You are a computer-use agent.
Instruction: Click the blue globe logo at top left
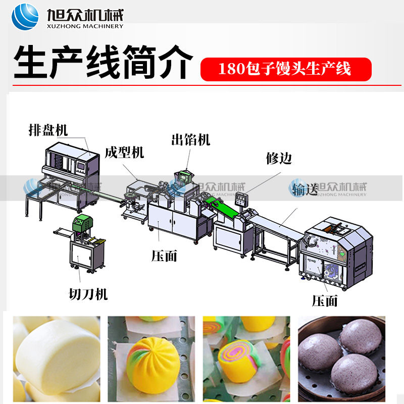click(x=25, y=17)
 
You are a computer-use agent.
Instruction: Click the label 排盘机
click(x=48, y=130)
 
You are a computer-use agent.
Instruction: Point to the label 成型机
click(x=124, y=151)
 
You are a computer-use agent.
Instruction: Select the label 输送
click(x=306, y=189)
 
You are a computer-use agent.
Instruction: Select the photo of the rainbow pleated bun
click(x=151, y=359)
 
